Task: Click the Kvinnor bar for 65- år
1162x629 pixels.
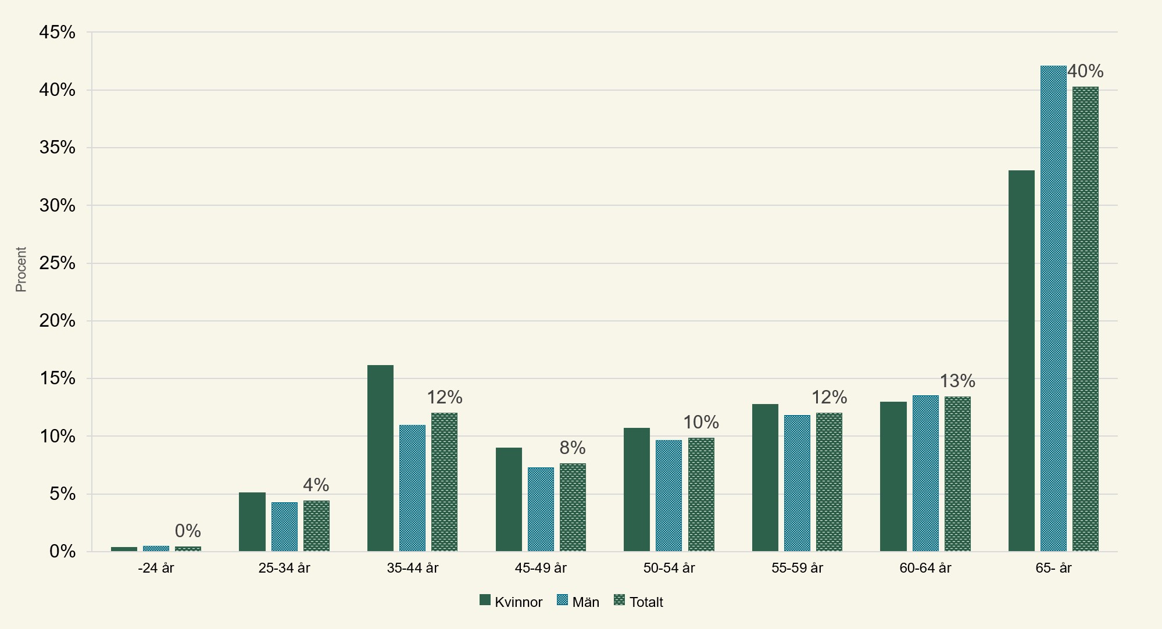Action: (1021, 360)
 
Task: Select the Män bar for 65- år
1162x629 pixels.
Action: (1053, 308)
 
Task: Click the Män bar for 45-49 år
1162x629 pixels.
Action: (541, 509)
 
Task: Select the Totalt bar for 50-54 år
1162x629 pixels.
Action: (701, 495)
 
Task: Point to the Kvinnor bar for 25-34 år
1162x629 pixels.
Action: (252, 522)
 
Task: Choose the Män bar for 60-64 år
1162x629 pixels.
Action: (925, 473)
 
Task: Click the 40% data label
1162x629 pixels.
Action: (1085, 71)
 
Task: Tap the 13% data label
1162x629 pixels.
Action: (957, 381)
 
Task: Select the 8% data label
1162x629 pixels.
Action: (573, 448)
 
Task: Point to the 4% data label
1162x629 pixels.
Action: (316, 485)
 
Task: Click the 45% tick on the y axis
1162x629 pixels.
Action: (58, 33)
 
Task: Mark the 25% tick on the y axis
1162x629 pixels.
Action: (58, 263)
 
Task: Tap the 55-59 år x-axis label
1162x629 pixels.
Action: (797, 568)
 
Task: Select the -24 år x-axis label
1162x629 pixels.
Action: (156, 568)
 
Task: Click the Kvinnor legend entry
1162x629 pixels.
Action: (511, 602)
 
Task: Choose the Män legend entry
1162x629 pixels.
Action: (578, 602)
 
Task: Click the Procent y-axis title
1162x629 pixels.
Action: (21, 269)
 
